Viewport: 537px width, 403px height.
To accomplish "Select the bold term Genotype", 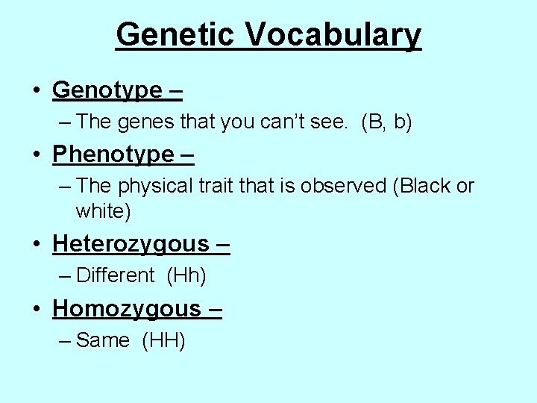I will point(107,90).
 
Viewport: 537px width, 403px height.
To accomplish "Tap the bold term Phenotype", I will point(113,154).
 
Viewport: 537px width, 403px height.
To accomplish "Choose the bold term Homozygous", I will point(126,308).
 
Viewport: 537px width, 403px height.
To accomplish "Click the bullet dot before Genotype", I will point(36,91).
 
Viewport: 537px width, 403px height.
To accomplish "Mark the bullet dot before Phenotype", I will point(36,155).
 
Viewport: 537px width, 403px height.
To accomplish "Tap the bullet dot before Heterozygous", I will point(36,245).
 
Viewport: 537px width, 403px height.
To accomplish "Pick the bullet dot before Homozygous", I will point(36,309).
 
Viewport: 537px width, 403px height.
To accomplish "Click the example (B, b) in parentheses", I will point(386,122).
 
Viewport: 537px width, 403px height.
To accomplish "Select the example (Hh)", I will point(186,275).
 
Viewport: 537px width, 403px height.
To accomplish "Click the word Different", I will point(115,275).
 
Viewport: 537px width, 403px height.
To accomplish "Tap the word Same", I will point(103,340).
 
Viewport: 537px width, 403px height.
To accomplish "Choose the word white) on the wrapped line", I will point(103,211).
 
